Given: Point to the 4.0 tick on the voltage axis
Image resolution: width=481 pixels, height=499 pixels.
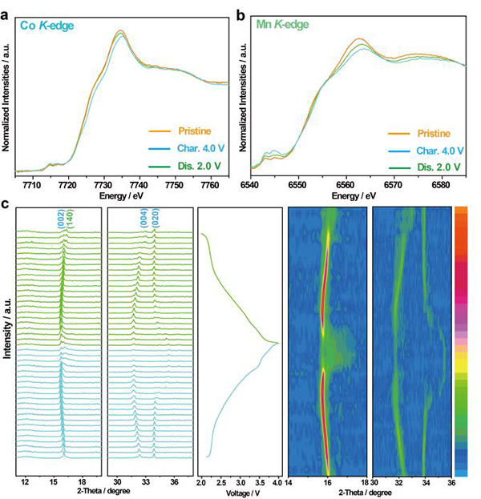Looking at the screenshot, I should tap(276, 483).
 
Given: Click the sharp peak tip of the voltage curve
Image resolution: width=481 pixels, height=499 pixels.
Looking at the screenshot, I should tap(277, 343).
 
